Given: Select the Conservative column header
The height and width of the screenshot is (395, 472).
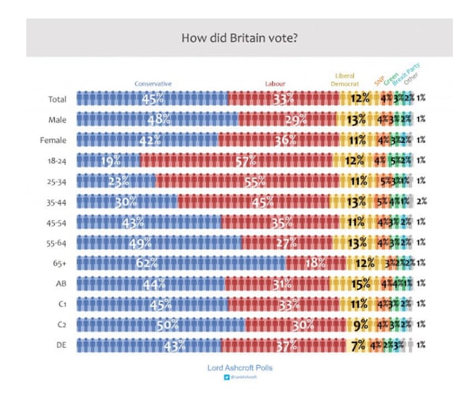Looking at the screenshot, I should [153, 84].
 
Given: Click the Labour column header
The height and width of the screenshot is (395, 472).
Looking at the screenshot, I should [276, 84].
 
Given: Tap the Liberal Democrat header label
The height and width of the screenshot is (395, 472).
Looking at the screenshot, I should [345, 80].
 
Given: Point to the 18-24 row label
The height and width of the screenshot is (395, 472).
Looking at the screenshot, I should [57, 160].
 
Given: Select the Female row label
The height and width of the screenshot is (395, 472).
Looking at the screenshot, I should [54, 140].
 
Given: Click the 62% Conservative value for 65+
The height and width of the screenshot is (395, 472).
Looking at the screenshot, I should [147, 263].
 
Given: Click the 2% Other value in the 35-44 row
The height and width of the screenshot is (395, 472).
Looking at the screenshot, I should [421, 202].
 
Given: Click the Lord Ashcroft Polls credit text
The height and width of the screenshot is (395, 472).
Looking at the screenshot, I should [240, 367].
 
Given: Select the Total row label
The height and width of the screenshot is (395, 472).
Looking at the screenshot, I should [57, 99].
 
